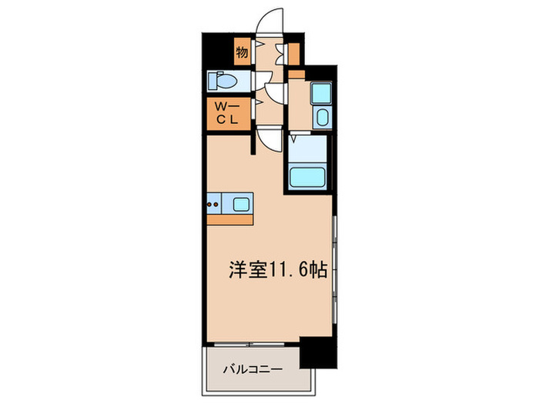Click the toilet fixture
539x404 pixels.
[226, 81]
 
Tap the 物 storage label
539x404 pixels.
[242, 53]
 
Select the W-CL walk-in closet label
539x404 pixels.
[227, 114]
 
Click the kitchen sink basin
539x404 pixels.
[241, 204]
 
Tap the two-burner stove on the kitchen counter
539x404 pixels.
[213, 204]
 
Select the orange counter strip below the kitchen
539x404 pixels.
[229, 219]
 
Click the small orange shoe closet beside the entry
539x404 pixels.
[294, 53]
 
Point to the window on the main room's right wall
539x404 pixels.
[335, 262]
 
